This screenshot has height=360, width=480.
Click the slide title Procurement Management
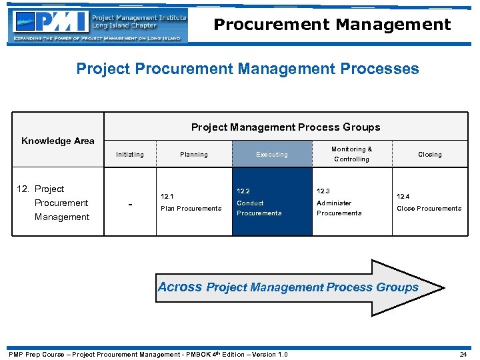click(332, 25)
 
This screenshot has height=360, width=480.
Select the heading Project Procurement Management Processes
click(247, 69)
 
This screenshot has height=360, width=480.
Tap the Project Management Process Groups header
click(285, 127)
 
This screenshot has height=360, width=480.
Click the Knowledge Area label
click(58, 141)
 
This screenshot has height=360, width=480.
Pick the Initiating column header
click(129, 155)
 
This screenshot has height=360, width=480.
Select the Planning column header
click(193, 155)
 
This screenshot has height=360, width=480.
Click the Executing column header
click(272, 155)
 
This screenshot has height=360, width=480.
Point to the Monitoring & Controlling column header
click(351, 154)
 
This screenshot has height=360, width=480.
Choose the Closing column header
click(429, 155)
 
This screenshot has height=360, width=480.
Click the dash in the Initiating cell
click(129, 203)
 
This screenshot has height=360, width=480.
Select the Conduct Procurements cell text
click(259, 208)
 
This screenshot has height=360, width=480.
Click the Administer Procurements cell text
click(339, 208)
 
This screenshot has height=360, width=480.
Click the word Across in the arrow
click(179, 287)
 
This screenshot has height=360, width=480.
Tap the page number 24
click(463, 354)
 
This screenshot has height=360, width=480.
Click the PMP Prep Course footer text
click(147, 354)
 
